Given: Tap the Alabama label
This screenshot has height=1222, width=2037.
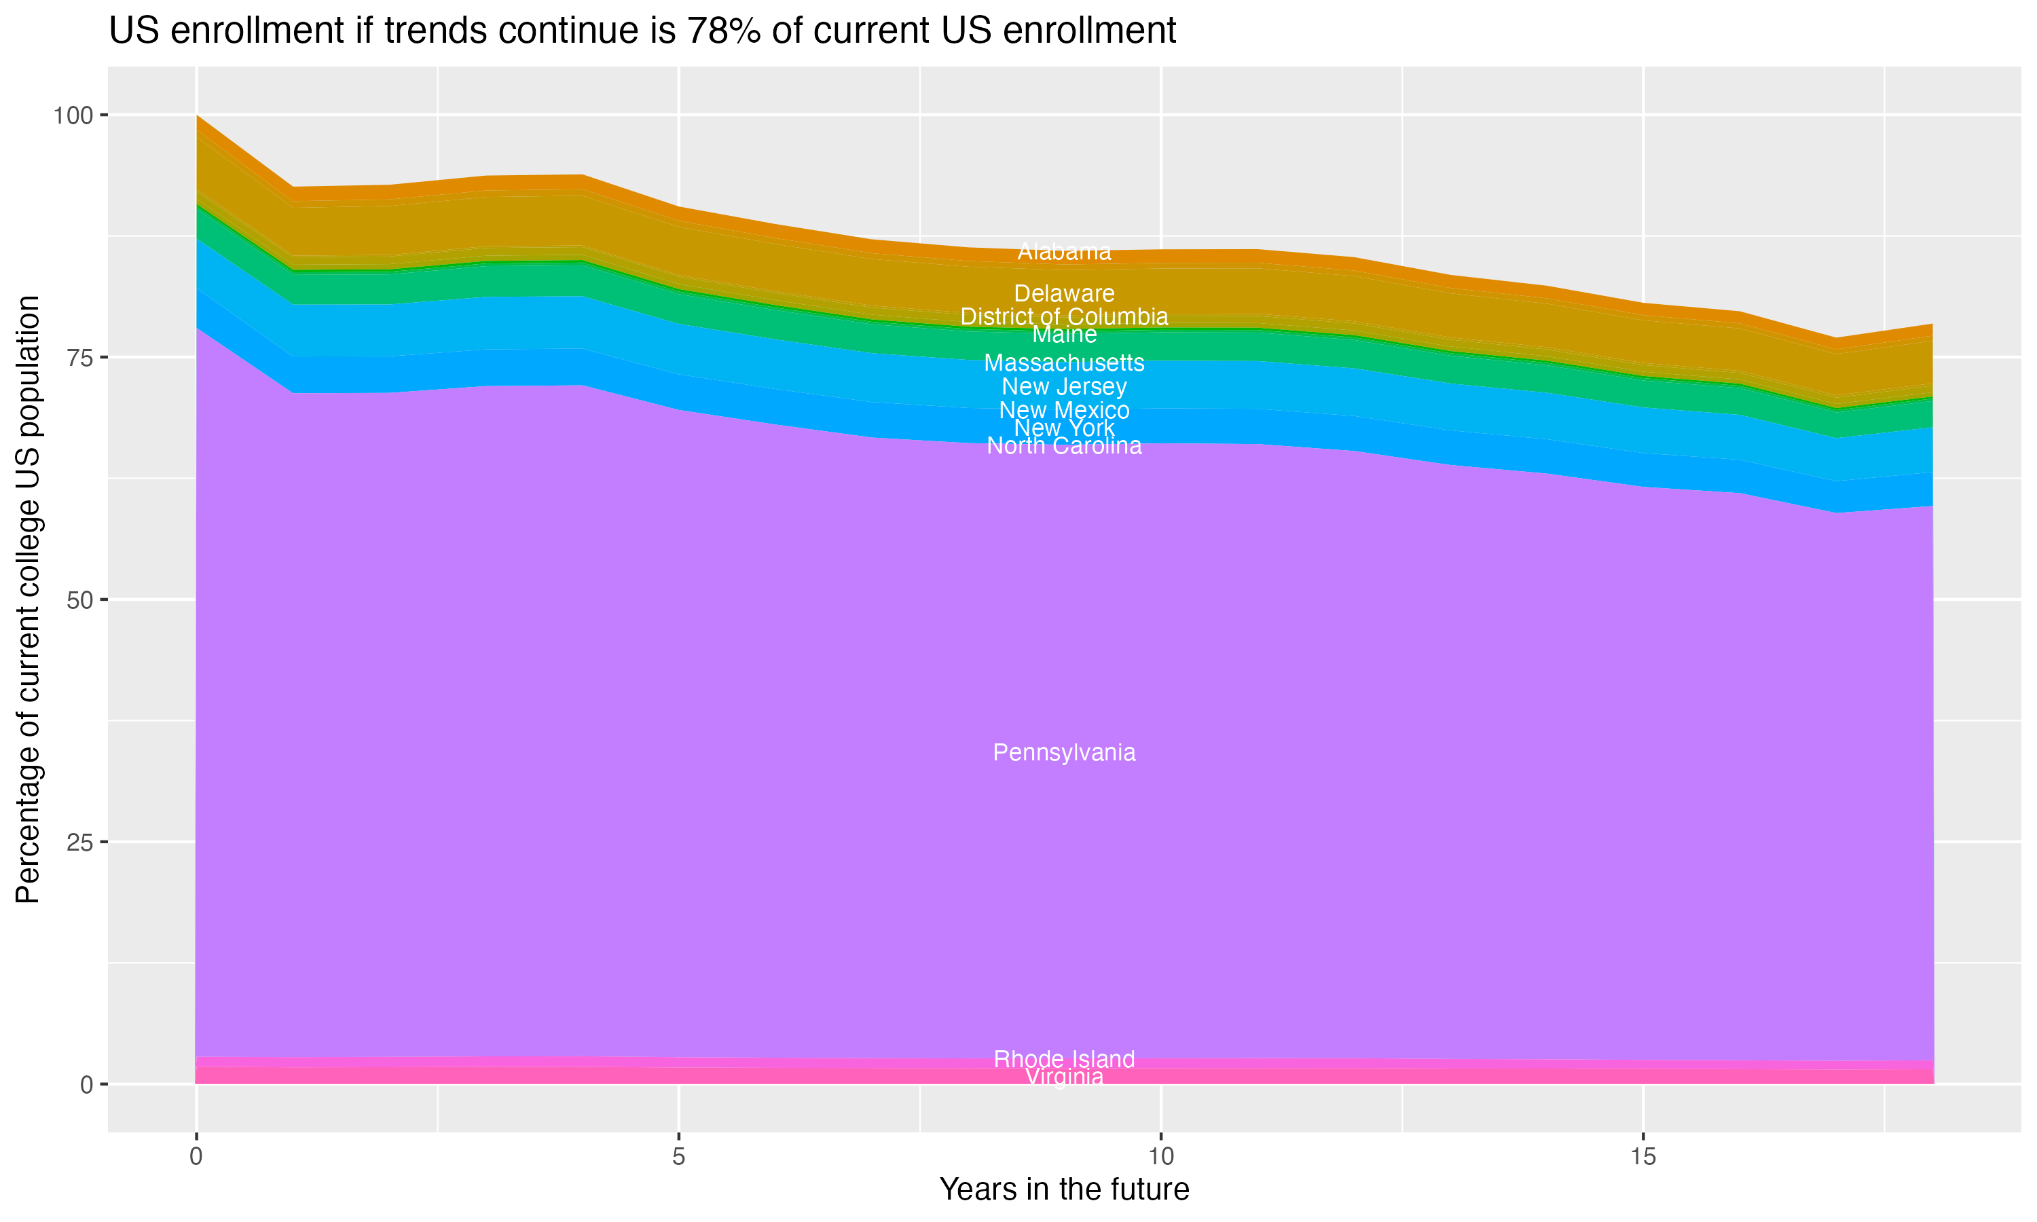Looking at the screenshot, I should (x=1064, y=252).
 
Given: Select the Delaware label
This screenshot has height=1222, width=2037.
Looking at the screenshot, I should (x=1064, y=294).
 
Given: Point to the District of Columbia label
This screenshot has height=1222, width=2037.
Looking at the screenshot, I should (x=1064, y=316).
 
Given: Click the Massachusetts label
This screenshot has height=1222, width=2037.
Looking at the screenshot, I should (x=1064, y=363).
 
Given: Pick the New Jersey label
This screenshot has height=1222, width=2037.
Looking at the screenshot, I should (x=1064, y=386).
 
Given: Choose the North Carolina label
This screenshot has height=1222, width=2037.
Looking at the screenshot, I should (x=1064, y=446).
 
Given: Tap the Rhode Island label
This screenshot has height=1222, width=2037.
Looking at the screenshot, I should (x=1064, y=1059).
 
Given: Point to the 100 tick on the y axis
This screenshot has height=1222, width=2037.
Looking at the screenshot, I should (x=73, y=115).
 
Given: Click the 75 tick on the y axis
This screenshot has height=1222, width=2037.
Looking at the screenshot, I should (x=79, y=357).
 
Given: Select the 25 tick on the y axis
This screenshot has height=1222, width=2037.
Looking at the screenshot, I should (x=79, y=842).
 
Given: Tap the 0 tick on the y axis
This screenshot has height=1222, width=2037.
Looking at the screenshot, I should (x=86, y=1084).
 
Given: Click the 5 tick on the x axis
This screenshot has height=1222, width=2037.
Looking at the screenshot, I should (x=678, y=1157).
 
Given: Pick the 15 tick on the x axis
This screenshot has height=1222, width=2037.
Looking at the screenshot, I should (x=1643, y=1157).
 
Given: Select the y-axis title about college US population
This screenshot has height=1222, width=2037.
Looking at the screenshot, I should (x=28, y=599).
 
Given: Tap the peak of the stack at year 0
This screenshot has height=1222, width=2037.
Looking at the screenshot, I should (x=197, y=116).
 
